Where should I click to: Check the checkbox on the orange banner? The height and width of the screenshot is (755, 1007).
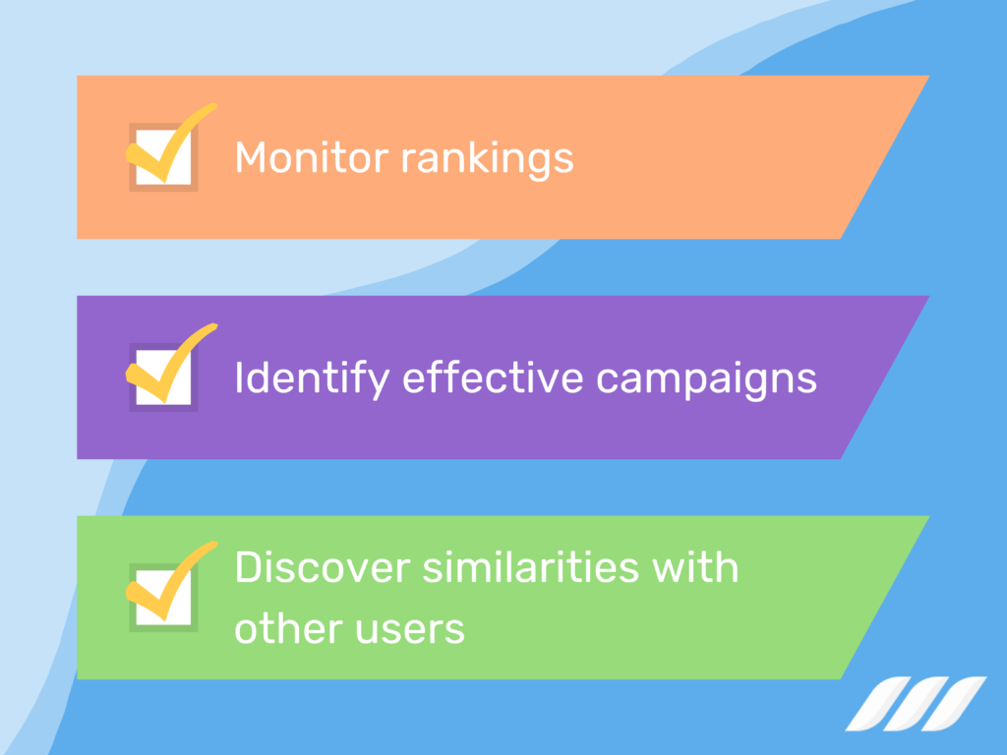pos(162,156)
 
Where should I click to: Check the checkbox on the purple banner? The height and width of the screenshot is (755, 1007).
pos(162,377)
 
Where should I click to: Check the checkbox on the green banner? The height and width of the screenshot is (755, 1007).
pos(162,597)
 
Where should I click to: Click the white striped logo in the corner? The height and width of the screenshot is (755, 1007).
pos(916,703)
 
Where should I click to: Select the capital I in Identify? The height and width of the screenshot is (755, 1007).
pos(239,377)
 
